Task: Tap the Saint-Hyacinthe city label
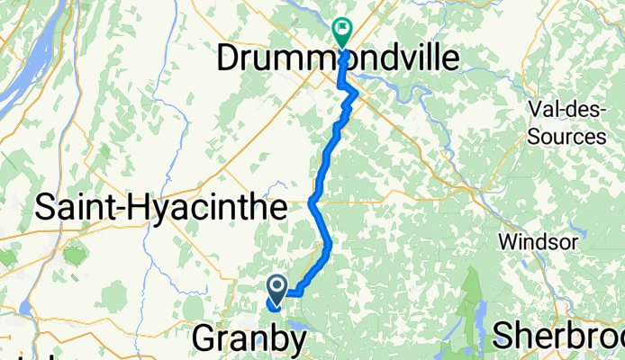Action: pyautogui.click(x=161, y=209)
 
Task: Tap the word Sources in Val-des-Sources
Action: pyautogui.click(x=569, y=137)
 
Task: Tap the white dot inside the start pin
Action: pyautogui.click(x=277, y=285)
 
